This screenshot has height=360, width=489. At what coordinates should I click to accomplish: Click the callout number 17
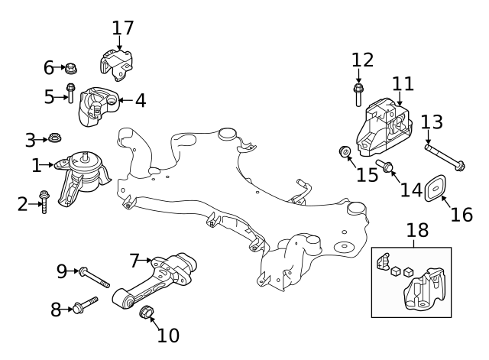tap(122, 28)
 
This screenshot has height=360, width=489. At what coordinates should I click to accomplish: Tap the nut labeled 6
tap(70, 69)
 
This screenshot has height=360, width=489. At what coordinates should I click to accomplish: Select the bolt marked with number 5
tap(70, 94)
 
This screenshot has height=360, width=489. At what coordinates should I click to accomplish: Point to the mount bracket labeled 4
tap(97, 106)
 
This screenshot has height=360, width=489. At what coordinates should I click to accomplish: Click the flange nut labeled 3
tap(54, 138)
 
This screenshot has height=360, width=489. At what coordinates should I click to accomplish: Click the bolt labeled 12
tap(358, 95)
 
